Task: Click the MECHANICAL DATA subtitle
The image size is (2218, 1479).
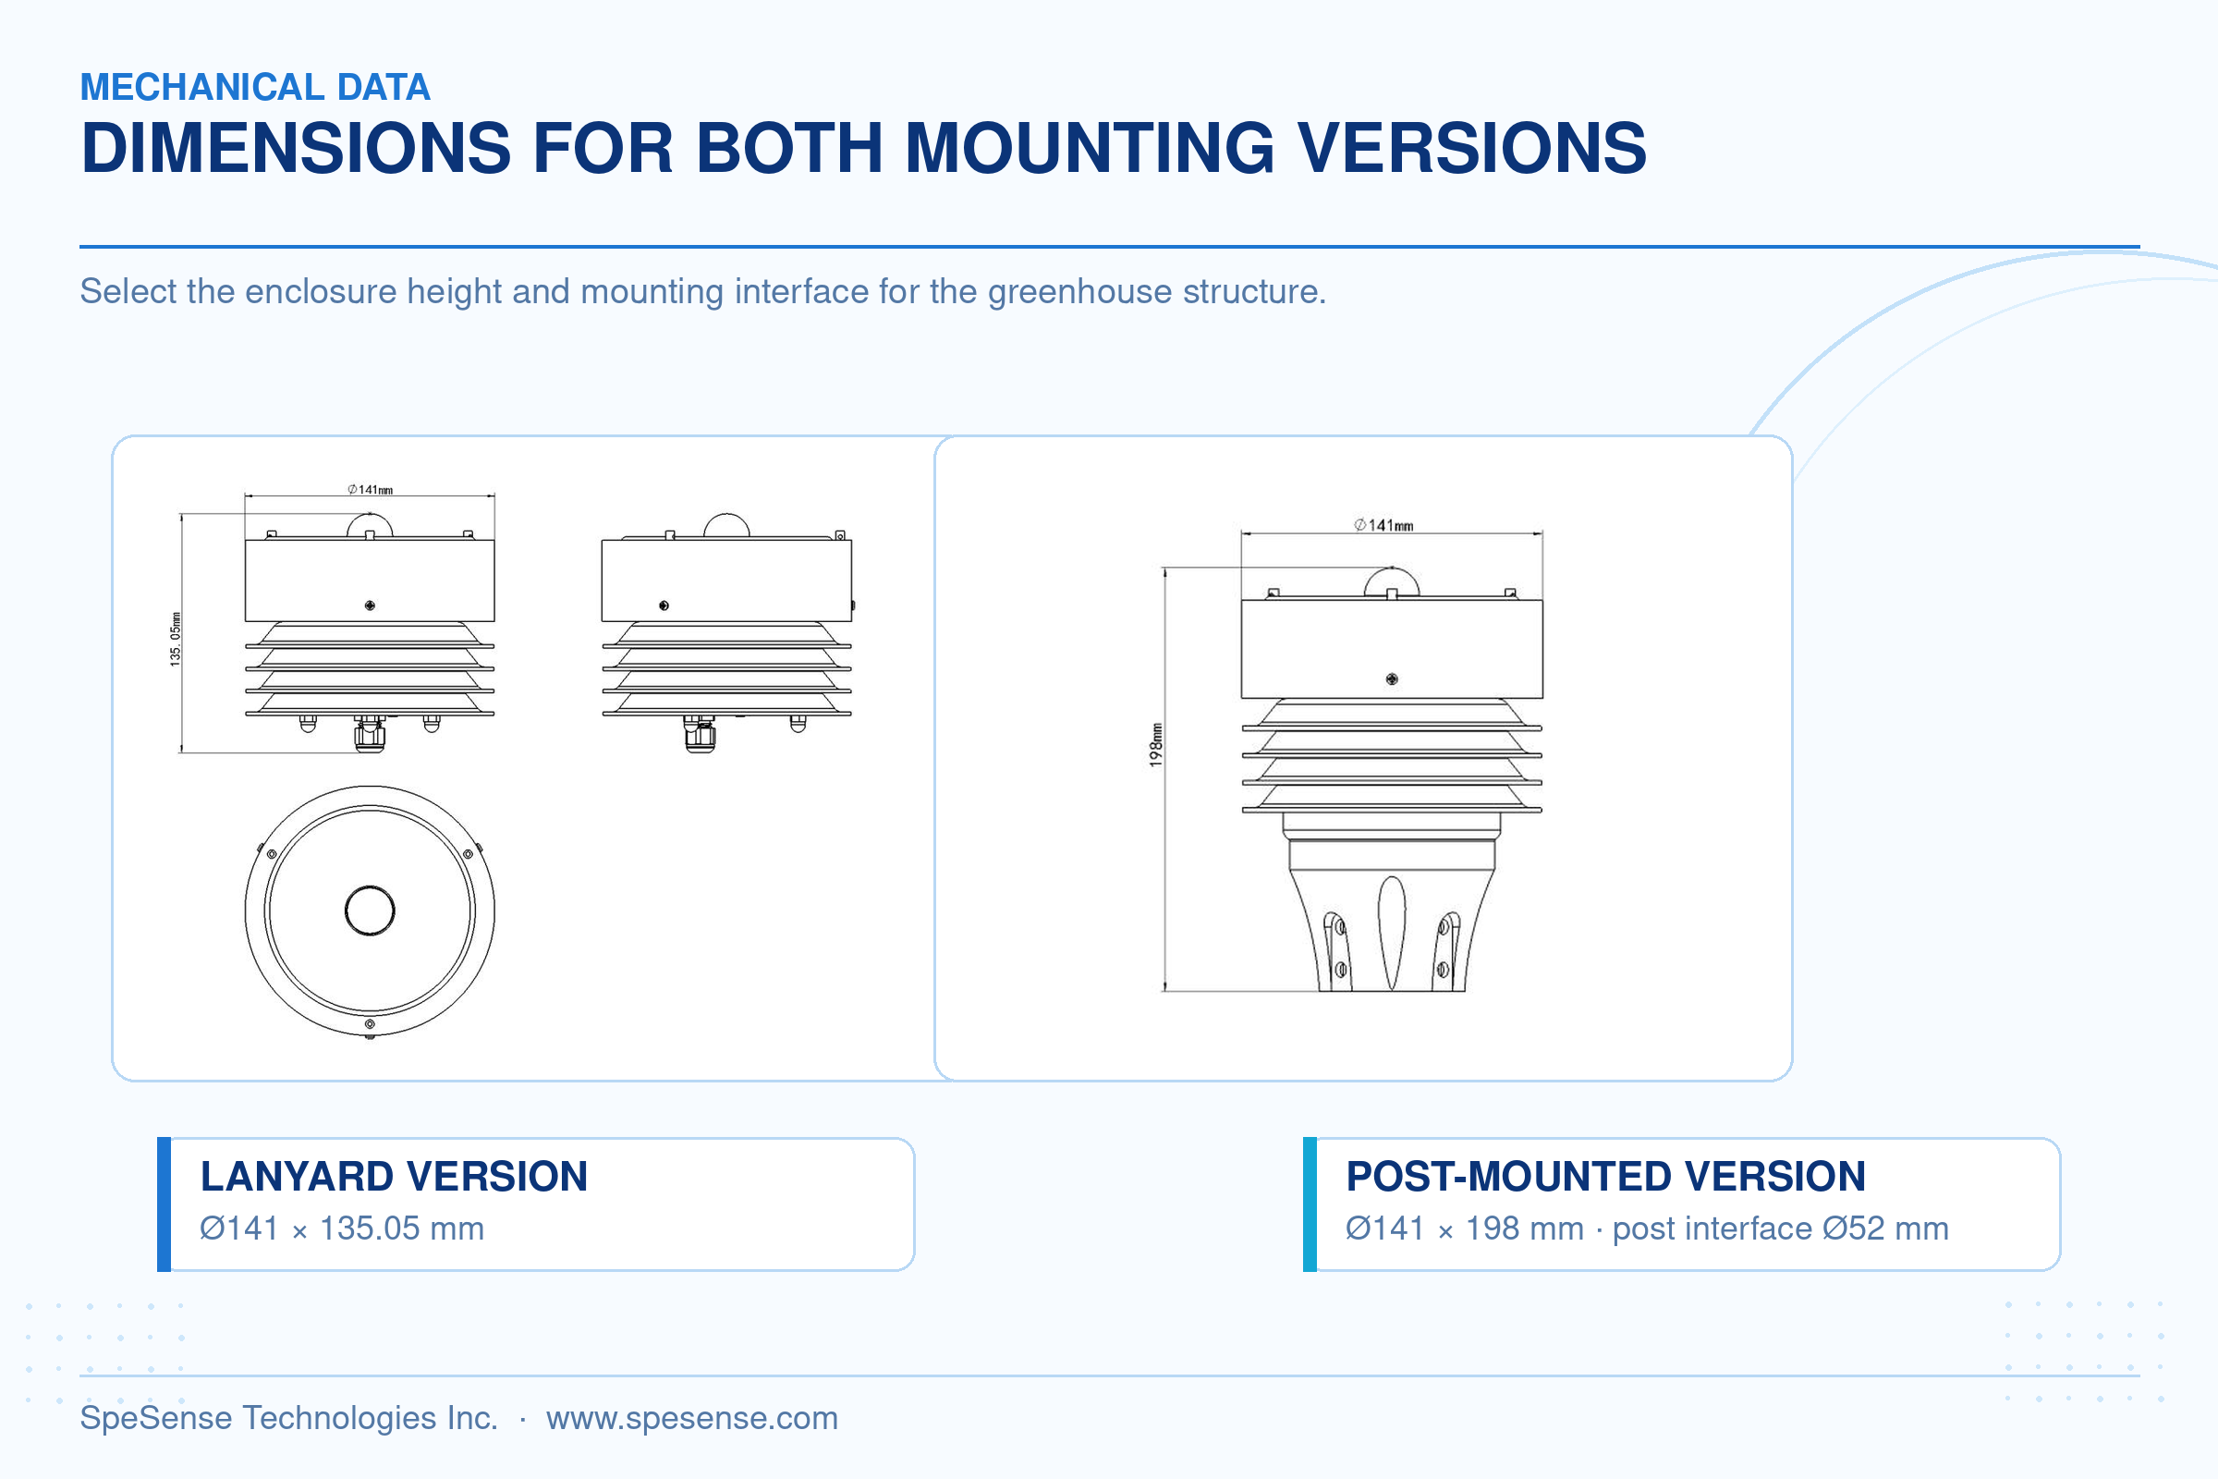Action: pyautogui.click(x=255, y=87)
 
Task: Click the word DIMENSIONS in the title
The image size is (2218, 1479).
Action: pyautogui.click(x=296, y=148)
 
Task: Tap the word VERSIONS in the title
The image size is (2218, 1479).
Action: pyautogui.click(x=1472, y=148)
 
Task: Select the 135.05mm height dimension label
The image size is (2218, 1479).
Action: pyautogui.click(x=176, y=640)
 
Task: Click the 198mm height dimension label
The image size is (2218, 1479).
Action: pyautogui.click(x=1156, y=744)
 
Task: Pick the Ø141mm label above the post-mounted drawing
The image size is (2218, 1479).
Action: pyautogui.click(x=1384, y=525)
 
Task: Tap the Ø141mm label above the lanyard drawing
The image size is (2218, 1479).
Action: pyautogui.click(x=370, y=490)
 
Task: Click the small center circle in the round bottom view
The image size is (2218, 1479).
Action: pyautogui.click(x=370, y=911)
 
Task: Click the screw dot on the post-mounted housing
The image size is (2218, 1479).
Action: pyautogui.click(x=1392, y=679)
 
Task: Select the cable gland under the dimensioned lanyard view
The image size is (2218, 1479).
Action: pyautogui.click(x=370, y=734)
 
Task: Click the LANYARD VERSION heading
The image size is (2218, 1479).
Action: pyautogui.click(x=395, y=1176)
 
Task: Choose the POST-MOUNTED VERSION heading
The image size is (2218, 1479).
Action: pyautogui.click(x=1606, y=1176)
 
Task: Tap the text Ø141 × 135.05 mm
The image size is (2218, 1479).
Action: pyautogui.click(x=341, y=1228)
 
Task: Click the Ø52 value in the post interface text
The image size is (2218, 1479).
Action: pyautogui.click(x=1854, y=1228)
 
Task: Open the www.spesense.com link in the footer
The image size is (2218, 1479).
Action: pyautogui.click(x=692, y=1418)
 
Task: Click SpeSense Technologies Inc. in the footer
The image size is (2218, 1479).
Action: pyautogui.click(x=288, y=1418)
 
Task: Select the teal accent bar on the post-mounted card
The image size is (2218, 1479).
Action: pyautogui.click(x=1310, y=1204)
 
